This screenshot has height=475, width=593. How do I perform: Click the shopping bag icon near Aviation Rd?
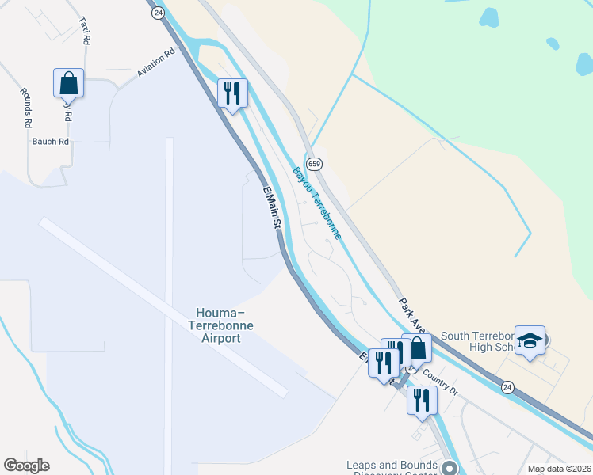[x=69, y=82]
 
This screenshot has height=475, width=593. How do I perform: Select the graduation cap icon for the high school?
[x=530, y=340]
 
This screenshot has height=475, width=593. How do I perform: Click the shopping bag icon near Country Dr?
[x=417, y=348]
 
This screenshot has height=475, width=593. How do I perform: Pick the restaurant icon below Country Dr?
[x=422, y=401]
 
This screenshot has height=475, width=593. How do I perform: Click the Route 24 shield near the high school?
[x=507, y=386]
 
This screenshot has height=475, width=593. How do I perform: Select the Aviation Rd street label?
[x=155, y=64]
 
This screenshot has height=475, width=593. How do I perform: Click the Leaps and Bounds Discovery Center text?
[x=392, y=469]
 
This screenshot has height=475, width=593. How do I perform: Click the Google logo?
[x=26, y=465]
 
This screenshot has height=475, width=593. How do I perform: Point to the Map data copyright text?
[x=558, y=469]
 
